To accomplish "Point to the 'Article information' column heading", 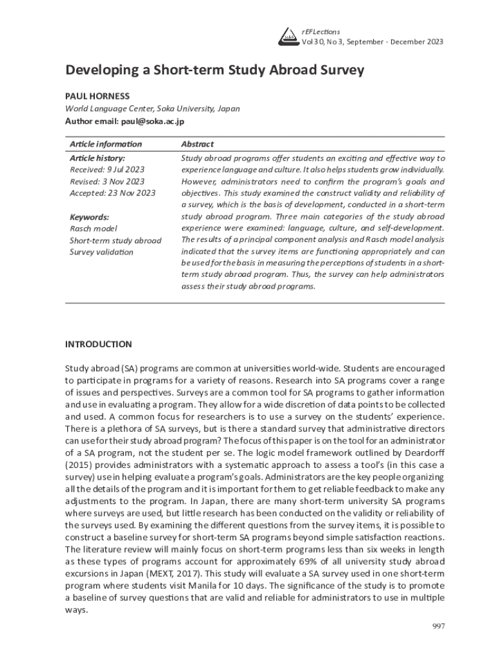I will [x=105, y=144].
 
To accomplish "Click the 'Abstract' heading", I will [x=198, y=144].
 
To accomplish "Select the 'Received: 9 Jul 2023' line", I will [x=106, y=169].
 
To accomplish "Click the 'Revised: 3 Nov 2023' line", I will [x=107, y=181].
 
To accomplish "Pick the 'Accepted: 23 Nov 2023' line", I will [x=112, y=193].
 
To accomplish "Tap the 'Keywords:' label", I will [x=89, y=217].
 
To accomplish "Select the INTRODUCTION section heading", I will [x=99, y=344].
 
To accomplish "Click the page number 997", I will [x=438, y=626].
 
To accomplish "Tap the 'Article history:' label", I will [x=97, y=158].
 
